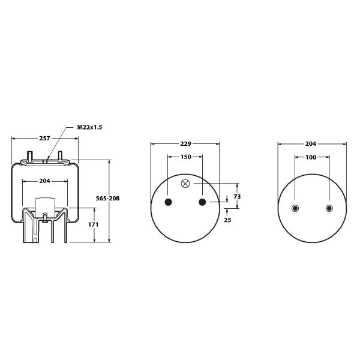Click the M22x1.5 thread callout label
point(89,128)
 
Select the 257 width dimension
point(44,138)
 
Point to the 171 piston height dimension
point(93,224)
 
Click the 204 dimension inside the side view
point(44,181)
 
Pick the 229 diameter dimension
point(185,144)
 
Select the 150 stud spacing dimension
point(185,157)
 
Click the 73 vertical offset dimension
point(237,196)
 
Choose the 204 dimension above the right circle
point(311,144)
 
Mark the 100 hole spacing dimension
point(311,157)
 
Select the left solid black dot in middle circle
point(168,202)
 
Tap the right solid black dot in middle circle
point(202,202)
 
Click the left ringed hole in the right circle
point(295,208)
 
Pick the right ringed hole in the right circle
point(328,208)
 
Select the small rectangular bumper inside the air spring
point(44,205)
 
